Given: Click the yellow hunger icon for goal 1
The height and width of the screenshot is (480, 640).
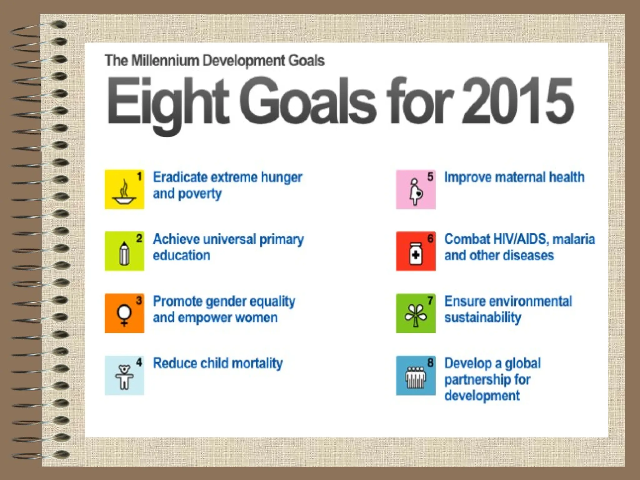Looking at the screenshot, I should click(124, 189).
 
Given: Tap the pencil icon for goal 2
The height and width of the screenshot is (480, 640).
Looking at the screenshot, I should click(124, 251).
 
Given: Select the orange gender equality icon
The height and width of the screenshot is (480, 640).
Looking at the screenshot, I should click(124, 313).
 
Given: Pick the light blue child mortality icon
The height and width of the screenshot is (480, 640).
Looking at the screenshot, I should click(124, 375).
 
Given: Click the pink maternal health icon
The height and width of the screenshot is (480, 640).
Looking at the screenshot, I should click(416, 189).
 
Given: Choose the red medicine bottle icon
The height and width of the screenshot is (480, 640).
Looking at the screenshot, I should click(416, 251).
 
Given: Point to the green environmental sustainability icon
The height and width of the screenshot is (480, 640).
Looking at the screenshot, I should click(416, 313).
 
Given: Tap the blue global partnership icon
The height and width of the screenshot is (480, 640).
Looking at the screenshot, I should click(416, 375).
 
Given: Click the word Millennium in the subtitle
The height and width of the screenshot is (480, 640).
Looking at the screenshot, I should click(165, 61).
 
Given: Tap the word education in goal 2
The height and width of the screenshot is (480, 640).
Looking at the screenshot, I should click(182, 255).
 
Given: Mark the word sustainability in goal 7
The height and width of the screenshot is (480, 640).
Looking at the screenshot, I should click(483, 317).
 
